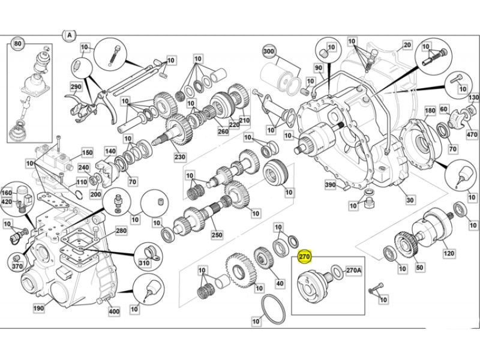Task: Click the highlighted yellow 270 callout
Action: (x=305, y=257)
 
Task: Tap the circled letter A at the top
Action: (x=70, y=35)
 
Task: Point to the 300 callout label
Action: (x=269, y=52)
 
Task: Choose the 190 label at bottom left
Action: (x=39, y=308)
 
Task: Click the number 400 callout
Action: (x=114, y=311)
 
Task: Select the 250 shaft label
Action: (x=217, y=235)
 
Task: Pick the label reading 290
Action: (x=76, y=86)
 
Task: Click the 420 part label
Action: (x=7, y=202)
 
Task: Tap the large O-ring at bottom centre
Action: (x=273, y=311)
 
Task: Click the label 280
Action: (x=121, y=231)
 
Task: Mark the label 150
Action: (x=87, y=153)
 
